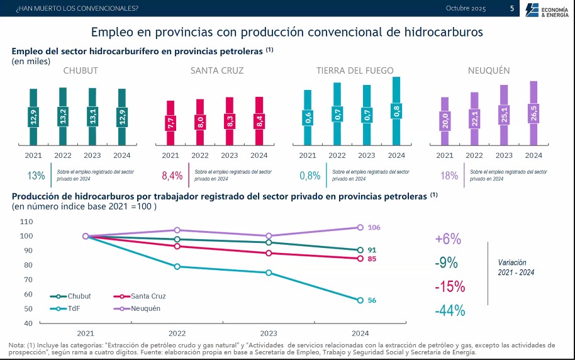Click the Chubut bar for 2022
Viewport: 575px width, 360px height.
pyautogui.click(x=63, y=116)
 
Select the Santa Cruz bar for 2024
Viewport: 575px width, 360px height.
pyautogui.click(x=259, y=121)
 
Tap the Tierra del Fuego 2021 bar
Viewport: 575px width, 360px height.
pyautogui.click(x=308, y=117)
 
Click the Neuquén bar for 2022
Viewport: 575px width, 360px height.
pyautogui.click(x=474, y=118)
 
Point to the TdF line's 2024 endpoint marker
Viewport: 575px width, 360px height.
pyautogui.click(x=360, y=300)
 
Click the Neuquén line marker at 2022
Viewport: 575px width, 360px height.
pyautogui.click(x=177, y=230)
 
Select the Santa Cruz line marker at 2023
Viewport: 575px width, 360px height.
pyautogui.click(x=269, y=253)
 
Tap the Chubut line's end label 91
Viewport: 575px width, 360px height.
pyautogui.click(x=372, y=250)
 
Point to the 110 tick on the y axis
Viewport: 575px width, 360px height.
pyautogui.click(x=26, y=222)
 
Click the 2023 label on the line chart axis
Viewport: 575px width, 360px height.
pyautogui.click(x=269, y=333)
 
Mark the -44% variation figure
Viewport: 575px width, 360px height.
pyautogui.click(x=449, y=310)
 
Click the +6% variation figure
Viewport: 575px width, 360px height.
pyautogui.click(x=448, y=239)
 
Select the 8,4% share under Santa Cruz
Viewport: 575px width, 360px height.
pyautogui.click(x=172, y=175)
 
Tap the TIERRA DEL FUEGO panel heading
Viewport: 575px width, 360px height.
pyautogui.click(x=355, y=70)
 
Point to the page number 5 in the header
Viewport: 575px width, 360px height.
pyautogui.click(x=511, y=8)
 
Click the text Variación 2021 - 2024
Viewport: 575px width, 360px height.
pyautogui.click(x=516, y=267)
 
